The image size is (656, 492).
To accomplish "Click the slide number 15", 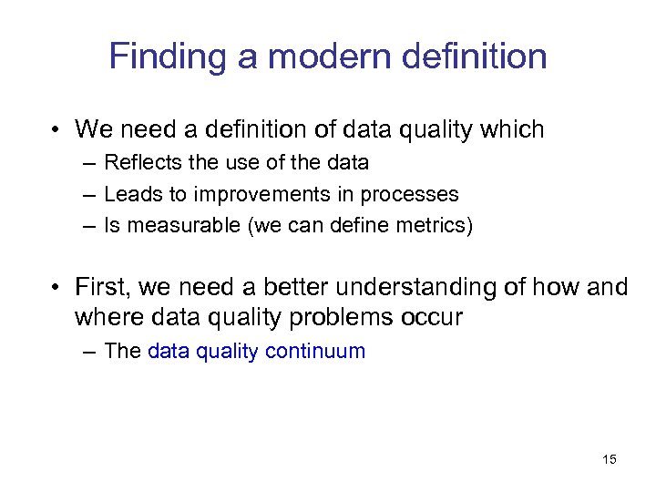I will [x=610, y=459].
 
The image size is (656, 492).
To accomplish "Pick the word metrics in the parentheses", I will [x=435, y=225].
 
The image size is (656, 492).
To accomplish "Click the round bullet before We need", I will [x=56, y=130].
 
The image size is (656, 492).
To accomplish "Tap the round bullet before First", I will [x=56, y=288].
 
